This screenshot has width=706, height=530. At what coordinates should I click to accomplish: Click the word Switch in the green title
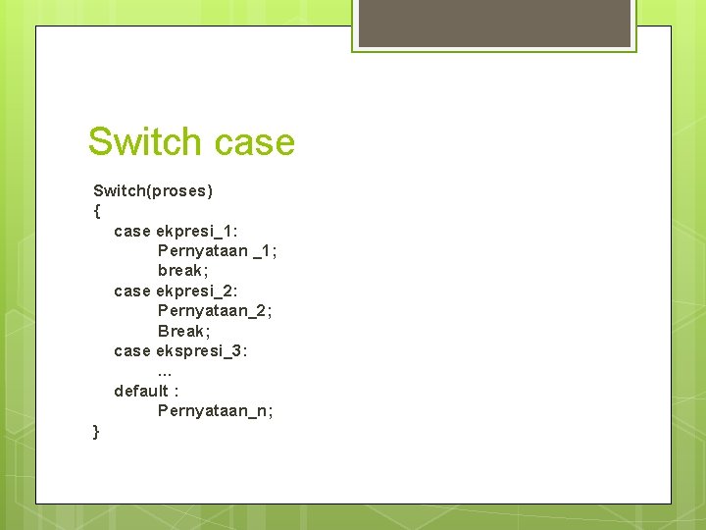point(143,142)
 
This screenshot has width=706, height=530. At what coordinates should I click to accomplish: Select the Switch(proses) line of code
point(153,190)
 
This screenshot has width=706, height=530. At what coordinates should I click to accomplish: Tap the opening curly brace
point(96,210)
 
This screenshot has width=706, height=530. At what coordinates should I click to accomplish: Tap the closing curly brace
point(95,431)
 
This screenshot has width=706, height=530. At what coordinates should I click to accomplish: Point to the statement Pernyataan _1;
point(217,250)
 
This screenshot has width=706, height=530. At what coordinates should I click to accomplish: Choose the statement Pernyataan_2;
point(215,310)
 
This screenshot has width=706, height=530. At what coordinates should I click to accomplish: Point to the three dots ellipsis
point(165,372)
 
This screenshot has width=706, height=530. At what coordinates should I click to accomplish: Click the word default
point(140,391)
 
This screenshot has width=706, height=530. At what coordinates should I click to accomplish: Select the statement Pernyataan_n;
point(215,410)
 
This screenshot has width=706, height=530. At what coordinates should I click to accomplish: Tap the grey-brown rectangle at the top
point(494,23)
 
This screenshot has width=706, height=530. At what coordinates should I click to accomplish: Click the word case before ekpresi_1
point(132,231)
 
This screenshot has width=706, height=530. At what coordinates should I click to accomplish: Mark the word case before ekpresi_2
point(132,291)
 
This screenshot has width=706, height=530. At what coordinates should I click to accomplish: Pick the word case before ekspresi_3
point(132,350)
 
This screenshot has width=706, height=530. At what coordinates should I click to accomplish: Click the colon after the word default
point(176,392)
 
